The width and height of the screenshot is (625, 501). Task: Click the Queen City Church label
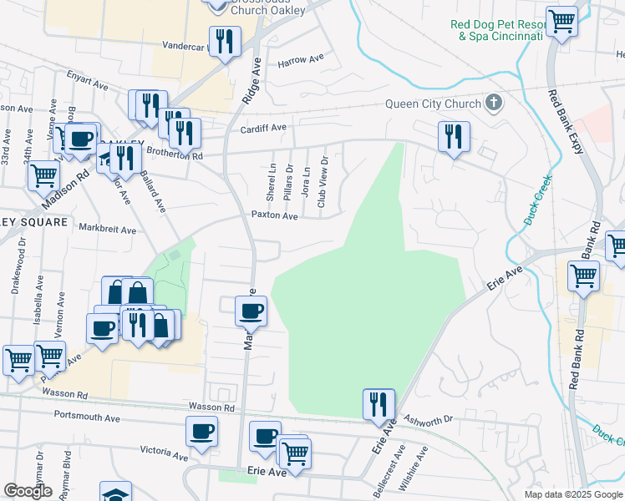432,104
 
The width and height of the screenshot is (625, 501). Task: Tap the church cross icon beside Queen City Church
494,104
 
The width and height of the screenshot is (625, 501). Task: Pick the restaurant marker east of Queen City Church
453,137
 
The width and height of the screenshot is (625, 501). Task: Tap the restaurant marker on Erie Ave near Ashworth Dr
379,405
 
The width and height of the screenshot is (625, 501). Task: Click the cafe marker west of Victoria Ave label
201,432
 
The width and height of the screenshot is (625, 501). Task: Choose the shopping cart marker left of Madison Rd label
43,176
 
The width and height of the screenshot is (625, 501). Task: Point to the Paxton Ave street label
275,215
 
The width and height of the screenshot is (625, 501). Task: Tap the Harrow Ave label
301,61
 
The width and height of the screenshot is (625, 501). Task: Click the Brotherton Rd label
175,155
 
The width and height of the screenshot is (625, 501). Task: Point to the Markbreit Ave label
107,228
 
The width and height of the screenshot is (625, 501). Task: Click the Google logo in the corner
28,491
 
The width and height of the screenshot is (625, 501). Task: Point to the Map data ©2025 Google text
572,494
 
